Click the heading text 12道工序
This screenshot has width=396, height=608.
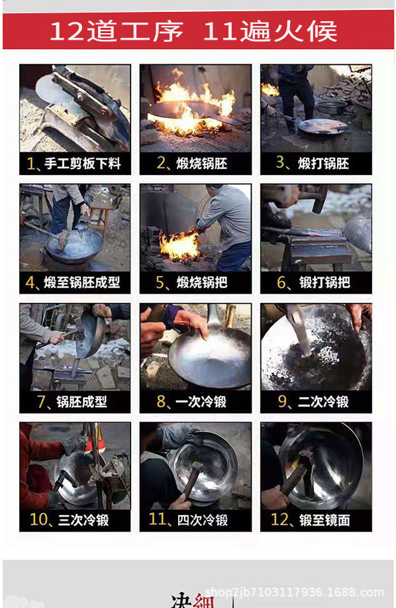click(116, 31)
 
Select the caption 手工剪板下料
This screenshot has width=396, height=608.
click(82, 163)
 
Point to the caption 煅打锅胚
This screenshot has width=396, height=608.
click(324, 163)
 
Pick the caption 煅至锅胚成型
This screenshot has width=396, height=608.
click(82, 282)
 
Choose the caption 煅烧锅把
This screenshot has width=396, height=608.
click(202, 282)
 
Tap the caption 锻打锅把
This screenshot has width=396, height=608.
click(324, 282)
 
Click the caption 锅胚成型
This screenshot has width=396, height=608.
click(81, 401)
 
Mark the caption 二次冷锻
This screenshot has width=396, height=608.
click(324, 401)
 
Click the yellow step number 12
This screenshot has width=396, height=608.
click(281, 520)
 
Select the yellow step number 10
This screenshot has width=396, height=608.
click(40, 520)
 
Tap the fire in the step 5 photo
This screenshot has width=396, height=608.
click(179, 246)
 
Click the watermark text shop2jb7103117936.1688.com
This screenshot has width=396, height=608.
click(295, 592)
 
